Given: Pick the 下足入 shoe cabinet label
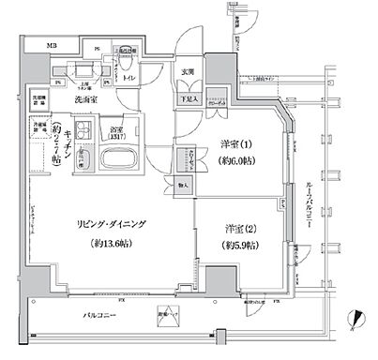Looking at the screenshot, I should point(189,97).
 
